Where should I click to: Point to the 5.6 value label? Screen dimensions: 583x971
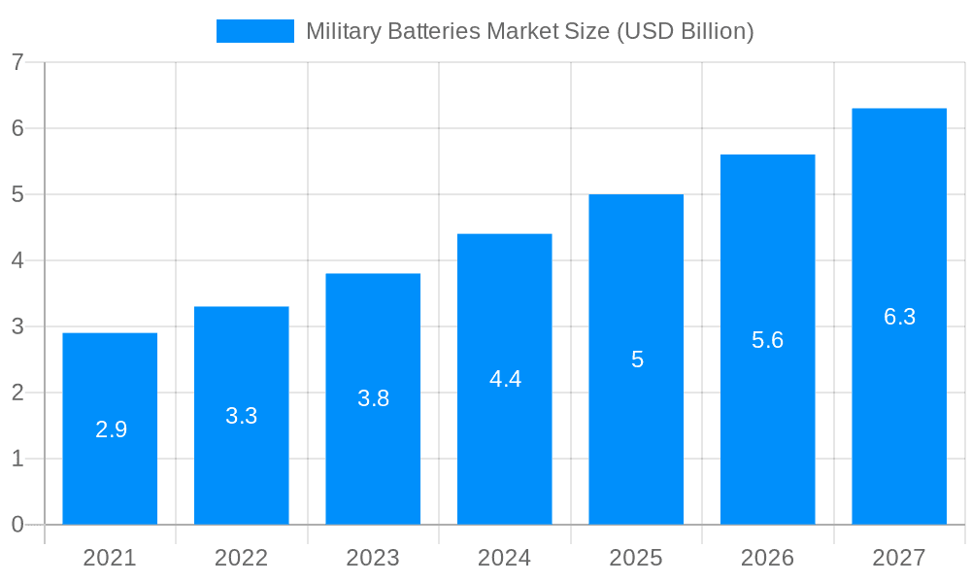[767, 340]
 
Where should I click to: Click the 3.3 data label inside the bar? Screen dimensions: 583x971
[241, 416]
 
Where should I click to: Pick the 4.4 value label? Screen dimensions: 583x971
[505, 379]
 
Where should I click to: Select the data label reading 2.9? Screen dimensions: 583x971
[111, 429]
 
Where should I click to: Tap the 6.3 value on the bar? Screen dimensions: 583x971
[899, 317]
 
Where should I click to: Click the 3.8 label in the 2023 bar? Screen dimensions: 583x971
[373, 398]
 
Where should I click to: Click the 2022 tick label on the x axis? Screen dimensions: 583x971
[241, 558]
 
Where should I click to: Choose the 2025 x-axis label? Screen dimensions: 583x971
[636, 558]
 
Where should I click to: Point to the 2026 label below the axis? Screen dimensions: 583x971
[767, 558]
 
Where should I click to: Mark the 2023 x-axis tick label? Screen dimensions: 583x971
[373, 558]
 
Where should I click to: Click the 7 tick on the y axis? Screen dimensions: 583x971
[17, 62]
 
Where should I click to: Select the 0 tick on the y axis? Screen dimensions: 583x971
[17, 525]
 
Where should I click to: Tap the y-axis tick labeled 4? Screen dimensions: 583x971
[17, 260]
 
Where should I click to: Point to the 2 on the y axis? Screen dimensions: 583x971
[17, 393]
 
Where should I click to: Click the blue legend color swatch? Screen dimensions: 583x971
[254, 31]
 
